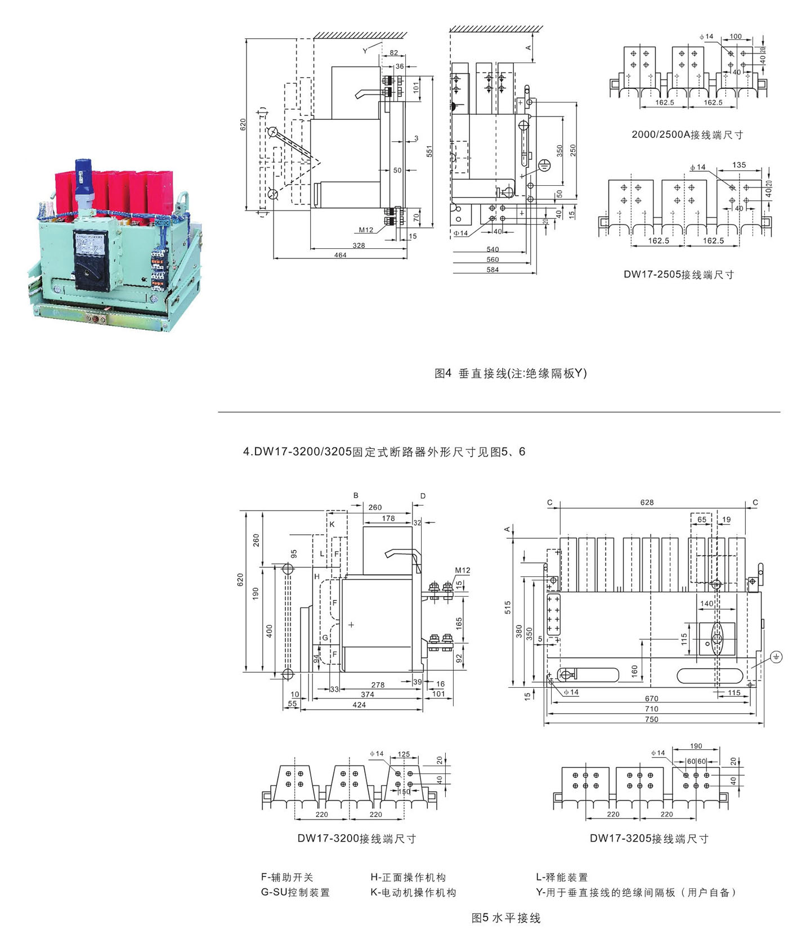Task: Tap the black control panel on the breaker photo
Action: (x=92, y=259)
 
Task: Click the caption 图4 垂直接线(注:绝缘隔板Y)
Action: (x=511, y=373)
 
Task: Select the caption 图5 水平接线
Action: (x=505, y=918)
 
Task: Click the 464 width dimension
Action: (x=340, y=255)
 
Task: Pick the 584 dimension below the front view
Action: (x=492, y=270)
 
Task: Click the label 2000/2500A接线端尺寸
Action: (x=687, y=135)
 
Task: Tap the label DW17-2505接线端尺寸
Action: (x=678, y=275)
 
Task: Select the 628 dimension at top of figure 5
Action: (x=647, y=502)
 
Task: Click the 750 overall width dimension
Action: (x=651, y=719)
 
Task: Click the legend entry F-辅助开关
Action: (x=287, y=877)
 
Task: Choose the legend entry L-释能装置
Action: (x=562, y=877)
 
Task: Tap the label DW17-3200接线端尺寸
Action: (x=356, y=839)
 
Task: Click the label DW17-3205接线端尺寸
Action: (x=648, y=839)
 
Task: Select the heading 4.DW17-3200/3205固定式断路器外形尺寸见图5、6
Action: (x=384, y=451)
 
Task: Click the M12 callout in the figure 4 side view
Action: (x=366, y=230)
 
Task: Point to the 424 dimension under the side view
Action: (x=359, y=705)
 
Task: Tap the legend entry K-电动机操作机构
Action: (x=413, y=892)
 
